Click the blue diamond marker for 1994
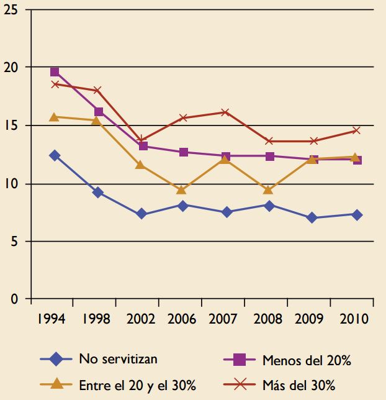point(55,155)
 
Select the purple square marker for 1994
point(55,72)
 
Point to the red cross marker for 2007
point(226,112)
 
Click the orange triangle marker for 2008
point(268,190)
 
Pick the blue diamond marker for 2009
point(312,218)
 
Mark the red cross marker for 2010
point(355,130)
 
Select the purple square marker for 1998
point(99,112)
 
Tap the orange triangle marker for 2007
point(226,160)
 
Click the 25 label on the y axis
point(10,11)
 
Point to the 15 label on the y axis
point(10,126)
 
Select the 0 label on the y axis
point(14,299)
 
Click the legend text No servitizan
point(118,358)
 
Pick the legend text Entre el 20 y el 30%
point(137,385)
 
